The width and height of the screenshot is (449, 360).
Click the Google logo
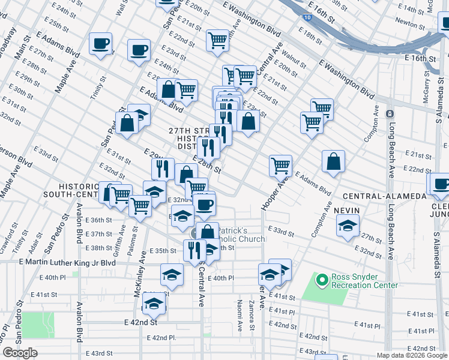[x=20, y=353]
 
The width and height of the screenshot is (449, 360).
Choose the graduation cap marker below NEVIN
[x=348, y=226]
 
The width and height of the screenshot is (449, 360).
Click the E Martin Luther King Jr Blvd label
[x=67, y=262]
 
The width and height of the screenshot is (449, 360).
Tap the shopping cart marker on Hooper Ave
[x=280, y=166]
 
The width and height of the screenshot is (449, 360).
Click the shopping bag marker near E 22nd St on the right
[x=333, y=161]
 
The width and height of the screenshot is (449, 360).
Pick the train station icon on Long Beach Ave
[x=390, y=114]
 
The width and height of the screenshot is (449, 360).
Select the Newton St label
[x=411, y=25]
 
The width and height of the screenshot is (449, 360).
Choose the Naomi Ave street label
[x=239, y=317]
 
